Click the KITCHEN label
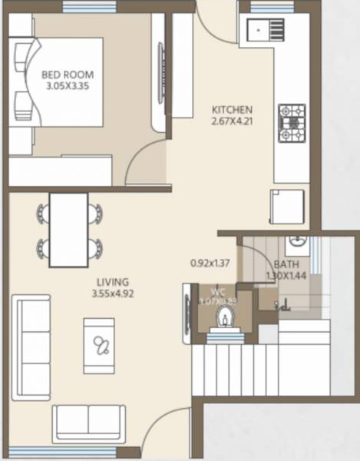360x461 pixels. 231,110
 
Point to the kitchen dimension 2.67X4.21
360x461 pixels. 231,121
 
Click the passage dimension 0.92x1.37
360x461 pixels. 210,263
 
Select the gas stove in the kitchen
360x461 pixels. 292,124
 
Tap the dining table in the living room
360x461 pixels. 68,229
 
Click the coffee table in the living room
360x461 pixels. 99,345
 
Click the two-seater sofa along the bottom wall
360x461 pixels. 88,421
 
